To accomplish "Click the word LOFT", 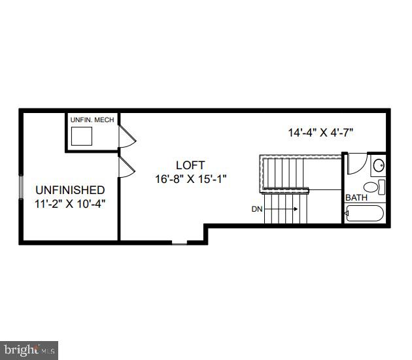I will [190, 165].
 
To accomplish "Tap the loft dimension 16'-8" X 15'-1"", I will [191, 178].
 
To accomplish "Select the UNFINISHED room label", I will [69, 190].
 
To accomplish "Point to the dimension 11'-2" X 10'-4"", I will [69, 203].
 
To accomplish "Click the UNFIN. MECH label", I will [92, 120].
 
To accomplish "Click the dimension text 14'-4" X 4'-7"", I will [320, 132].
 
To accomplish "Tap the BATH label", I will [356, 197].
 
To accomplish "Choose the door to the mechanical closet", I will [126, 137].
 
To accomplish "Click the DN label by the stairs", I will [257, 209].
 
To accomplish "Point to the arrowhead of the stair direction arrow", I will [296, 209].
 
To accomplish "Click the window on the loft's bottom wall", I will [179, 244].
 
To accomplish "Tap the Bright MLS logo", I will [29, 350].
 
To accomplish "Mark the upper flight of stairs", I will [284, 171].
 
